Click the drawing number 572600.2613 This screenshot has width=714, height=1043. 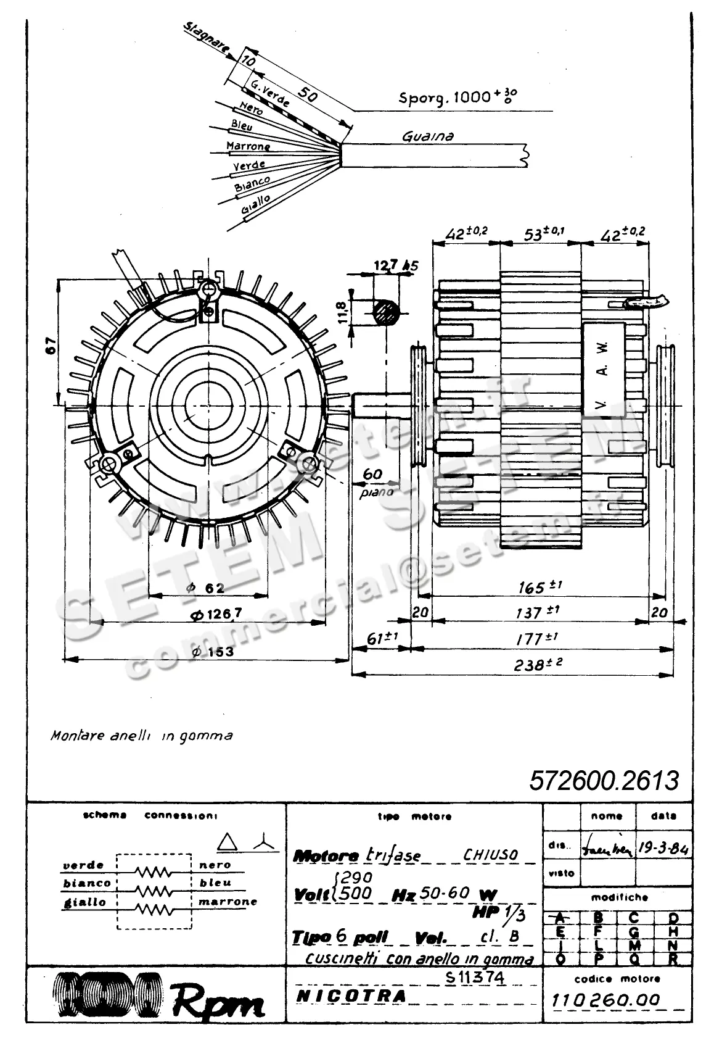[604, 781]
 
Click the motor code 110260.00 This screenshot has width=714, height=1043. [606, 1000]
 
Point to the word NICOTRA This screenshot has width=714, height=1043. [351, 995]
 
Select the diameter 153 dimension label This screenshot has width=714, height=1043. [212, 651]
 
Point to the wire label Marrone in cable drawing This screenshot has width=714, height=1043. [248, 146]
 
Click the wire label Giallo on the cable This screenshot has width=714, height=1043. [255, 208]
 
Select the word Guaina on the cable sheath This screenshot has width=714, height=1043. [427, 136]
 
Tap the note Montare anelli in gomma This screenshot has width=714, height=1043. [142, 736]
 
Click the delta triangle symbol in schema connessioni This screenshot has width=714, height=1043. [228, 842]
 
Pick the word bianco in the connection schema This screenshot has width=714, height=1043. [87, 883]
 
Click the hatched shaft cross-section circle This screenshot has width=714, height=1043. [387, 312]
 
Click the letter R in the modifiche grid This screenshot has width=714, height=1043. [673, 959]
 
